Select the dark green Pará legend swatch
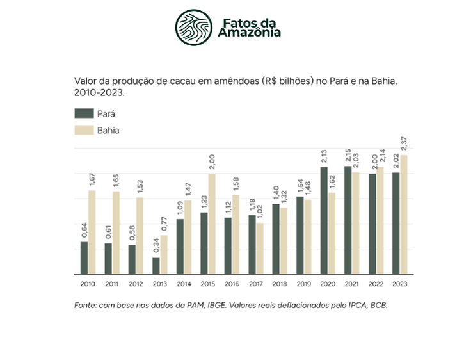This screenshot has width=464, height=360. pyautogui.click(x=84, y=113)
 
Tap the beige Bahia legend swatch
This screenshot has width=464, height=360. pyautogui.click(x=84, y=130)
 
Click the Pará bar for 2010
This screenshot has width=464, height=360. pyautogui.click(x=84, y=258)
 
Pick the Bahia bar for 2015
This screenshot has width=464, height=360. pyautogui.click(x=212, y=224)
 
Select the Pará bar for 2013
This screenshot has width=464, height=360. pyautogui.click(x=156, y=265)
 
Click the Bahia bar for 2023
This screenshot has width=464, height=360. pyautogui.click(x=404, y=214)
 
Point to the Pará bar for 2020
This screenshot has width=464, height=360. pyautogui.click(x=324, y=220)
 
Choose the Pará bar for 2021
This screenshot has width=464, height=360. pyautogui.click(x=348, y=220)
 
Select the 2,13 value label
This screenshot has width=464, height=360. pyautogui.click(x=324, y=156)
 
